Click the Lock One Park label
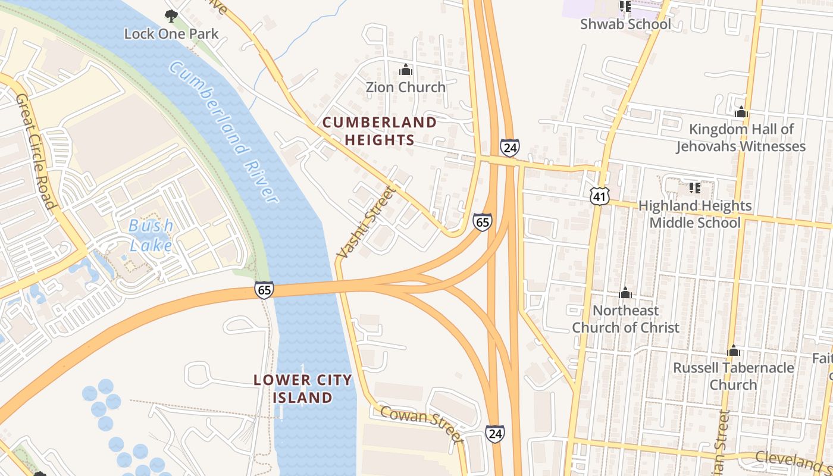pos(171,34)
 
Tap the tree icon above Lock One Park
pos(171,15)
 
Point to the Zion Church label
pos(405,87)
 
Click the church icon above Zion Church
pos(406,70)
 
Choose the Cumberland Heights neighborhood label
pos(380,131)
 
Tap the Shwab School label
pos(625,24)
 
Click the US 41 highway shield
pos(600,195)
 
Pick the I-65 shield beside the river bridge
pos(264,290)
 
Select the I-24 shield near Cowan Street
pos(494,433)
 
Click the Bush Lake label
pos(151,235)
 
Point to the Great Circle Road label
pos(36,151)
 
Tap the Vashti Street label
pos(365,223)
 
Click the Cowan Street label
pos(421,424)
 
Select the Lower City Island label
pos(303,389)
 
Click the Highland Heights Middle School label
pos(695,214)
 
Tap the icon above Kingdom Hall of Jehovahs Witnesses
pos(741,112)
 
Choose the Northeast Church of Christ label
pos(625,319)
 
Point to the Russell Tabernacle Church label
pos(733,376)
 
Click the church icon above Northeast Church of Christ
pos(625,293)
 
